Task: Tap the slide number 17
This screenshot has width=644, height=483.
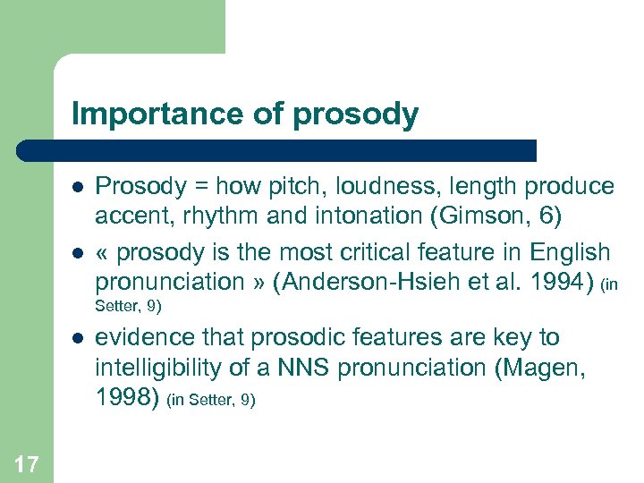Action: click(27, 463)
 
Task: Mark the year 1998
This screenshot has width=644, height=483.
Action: click(129, 398)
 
